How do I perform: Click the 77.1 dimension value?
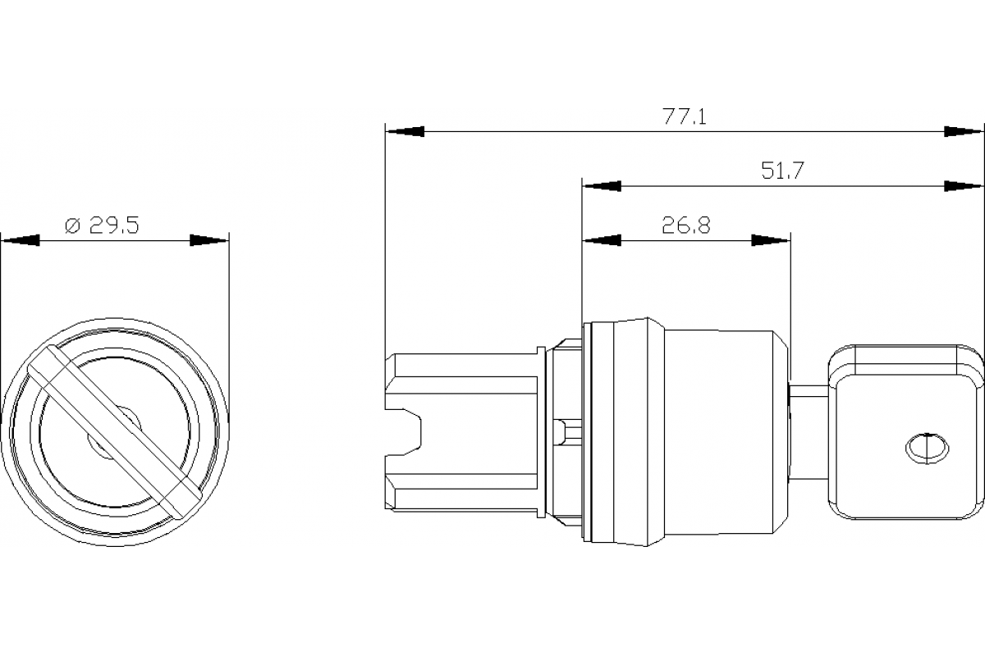coord(684,116)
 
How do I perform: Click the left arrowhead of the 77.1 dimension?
coord(405,131)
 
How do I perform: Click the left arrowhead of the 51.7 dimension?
coord(601,186)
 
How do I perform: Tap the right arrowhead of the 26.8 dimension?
coord(772,240)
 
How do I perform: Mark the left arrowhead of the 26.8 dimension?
coord(601,240)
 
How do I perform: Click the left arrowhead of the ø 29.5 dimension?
coord(20,240)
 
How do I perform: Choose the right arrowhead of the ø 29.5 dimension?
coord(208,240)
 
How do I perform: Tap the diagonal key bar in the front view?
coord(114,430)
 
